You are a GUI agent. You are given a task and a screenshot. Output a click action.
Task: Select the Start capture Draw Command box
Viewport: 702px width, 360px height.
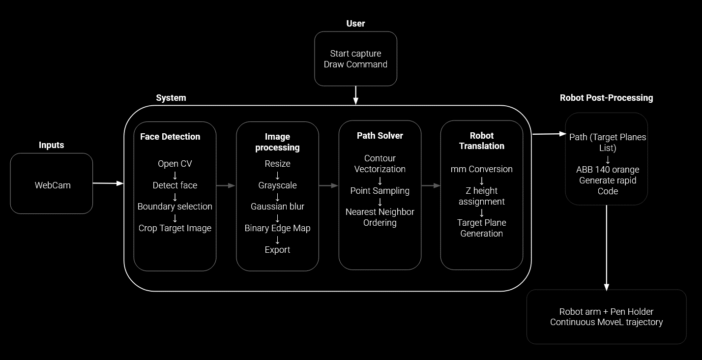[355, 59]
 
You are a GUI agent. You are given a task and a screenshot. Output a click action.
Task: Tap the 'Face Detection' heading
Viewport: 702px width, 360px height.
[170, 137]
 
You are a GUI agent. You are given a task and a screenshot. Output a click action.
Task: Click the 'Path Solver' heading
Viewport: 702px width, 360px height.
[380, 136]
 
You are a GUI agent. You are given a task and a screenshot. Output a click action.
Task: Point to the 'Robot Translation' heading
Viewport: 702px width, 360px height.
[481, 141]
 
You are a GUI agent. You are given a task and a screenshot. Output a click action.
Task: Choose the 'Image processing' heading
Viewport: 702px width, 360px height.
[277, 142]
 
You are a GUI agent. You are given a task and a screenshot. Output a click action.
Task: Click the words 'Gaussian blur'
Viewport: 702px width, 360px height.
[277, 207]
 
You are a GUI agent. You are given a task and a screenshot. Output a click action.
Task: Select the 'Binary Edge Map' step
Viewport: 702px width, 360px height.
[277, 228]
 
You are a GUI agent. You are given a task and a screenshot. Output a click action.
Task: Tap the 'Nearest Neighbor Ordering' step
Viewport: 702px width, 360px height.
[380, 217]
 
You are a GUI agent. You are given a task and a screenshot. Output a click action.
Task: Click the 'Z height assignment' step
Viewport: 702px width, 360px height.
[481, 196]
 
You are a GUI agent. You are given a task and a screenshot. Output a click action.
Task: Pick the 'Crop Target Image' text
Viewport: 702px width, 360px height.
[175, 228]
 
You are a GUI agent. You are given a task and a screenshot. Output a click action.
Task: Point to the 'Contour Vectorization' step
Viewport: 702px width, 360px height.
[380, 164]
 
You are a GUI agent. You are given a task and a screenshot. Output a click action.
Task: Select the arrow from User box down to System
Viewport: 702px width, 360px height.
[355, 95]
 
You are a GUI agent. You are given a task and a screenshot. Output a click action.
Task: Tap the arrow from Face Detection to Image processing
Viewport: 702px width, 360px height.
[226, 185]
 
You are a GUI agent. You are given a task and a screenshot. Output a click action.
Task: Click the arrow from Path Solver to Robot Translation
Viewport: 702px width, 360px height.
[431, 185]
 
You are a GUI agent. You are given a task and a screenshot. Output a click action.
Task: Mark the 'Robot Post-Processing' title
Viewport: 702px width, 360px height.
[606, 98]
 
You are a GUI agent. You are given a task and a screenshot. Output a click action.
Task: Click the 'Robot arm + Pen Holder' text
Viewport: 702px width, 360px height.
[606, 311]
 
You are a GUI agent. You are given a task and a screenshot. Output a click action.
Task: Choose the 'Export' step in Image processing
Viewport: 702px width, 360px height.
[277, 250]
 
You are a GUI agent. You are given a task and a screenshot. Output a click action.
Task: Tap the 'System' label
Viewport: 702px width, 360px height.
[171, 98]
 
